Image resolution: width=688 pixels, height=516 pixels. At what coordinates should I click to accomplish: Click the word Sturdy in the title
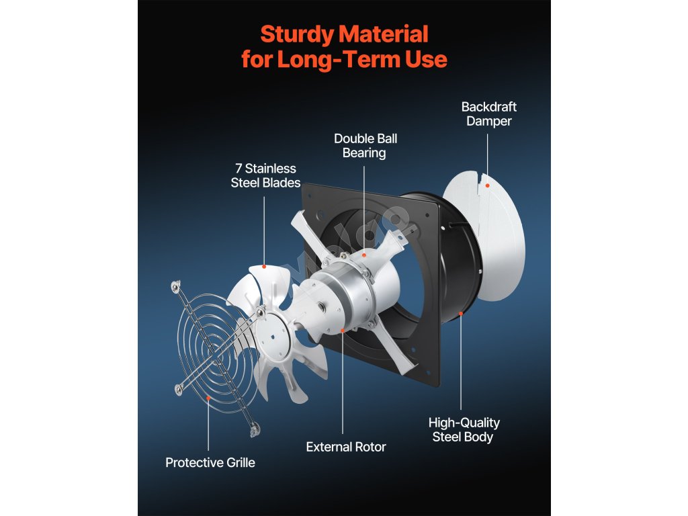tap(296, 34)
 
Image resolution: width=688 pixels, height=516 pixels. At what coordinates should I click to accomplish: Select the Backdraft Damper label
tap(488, 114)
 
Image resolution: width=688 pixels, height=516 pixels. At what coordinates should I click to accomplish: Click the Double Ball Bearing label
tap(365, 146)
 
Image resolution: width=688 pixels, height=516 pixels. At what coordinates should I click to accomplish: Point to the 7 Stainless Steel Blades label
tap(265, 175)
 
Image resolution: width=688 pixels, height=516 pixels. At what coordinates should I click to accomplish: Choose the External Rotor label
tap(345, 447)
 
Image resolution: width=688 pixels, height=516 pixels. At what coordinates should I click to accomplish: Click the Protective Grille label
tap(210, 462)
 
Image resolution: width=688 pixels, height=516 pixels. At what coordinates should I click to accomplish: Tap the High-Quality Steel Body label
tap(464, 429)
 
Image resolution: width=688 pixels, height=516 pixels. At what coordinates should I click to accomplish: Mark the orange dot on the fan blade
tap(264, 267)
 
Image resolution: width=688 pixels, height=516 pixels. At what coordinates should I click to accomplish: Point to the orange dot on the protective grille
tap(209, 398)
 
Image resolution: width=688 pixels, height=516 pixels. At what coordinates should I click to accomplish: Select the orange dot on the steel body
tap(461, 314)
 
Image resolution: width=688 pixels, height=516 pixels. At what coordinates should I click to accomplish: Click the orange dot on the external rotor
tap(343, 330)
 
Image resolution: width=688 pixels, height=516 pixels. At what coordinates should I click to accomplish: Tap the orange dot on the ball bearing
tap(363, 255)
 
